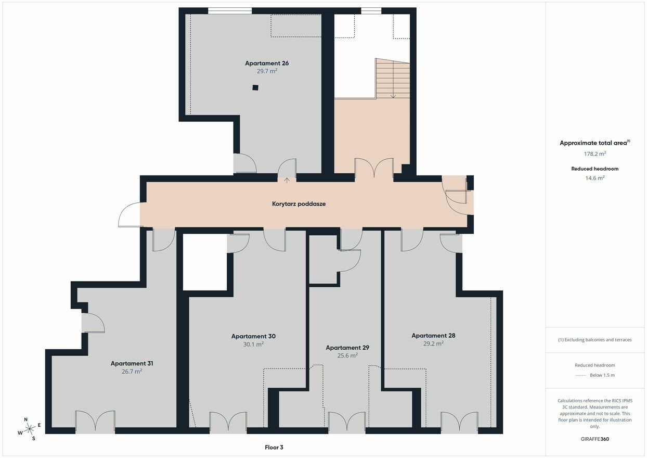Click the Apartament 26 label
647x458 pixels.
point(267,63)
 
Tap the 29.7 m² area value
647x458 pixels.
point(267,71)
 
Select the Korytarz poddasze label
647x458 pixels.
point(299,204)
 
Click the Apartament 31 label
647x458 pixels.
point(132,363)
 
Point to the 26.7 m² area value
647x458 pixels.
point(132,371)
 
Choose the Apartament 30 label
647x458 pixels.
point(253,336)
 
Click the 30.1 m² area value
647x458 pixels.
point(253,344)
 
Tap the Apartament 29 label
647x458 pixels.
point(347,348)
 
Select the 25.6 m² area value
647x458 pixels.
point(347,355)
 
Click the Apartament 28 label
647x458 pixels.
point(433,336)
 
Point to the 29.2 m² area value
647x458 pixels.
point(433,344)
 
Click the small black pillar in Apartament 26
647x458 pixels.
point(255,87)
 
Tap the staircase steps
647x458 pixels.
point(393,78)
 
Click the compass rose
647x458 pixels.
point(29,429)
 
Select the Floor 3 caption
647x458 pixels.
point(274,448)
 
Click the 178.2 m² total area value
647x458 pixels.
point(594,154)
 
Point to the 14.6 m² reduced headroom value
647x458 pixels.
point(594,178)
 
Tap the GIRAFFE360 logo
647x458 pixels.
point(594,439)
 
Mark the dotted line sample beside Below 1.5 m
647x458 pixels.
point(580,375)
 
